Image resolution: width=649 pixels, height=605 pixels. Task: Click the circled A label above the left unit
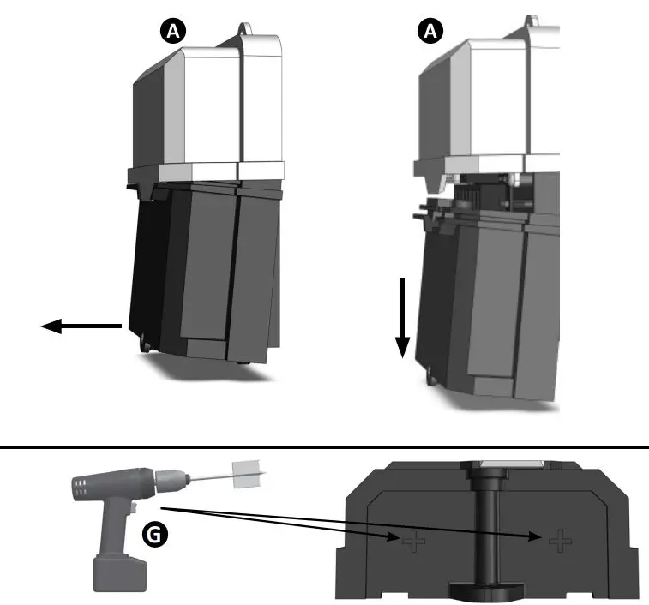pyautogui.click(x=174, y=32)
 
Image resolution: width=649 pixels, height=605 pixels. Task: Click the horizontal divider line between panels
pyautogui.click(x=324, y=446)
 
